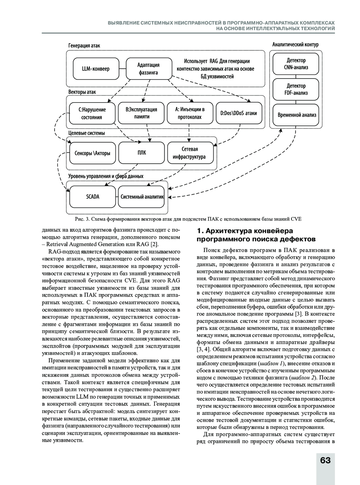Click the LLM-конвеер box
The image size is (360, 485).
(x=96, y=69)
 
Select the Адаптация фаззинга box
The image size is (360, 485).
(x=148, y=69)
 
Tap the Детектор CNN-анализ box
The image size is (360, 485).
(x=296, y=64)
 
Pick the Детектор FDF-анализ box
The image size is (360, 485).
(x=296, y=89)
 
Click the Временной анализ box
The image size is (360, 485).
(x=297, y=115)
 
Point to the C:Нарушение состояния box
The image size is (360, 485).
(x=92, y=113)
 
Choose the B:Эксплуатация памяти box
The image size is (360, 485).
(x=141, y=113)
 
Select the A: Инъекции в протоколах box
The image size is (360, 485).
(x=190, y=113)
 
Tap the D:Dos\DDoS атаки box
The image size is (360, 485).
(x=238, y=113)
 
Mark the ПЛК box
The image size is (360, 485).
(x=142, y=153)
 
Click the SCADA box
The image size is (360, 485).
(x=92, y=197)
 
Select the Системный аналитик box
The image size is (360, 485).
(x=142, y=197)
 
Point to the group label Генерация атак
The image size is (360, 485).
(x=84, y=46)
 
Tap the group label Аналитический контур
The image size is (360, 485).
(x=295, y=45)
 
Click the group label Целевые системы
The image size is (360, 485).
(x=86, y=133)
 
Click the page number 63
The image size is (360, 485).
(x=325, y=460)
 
